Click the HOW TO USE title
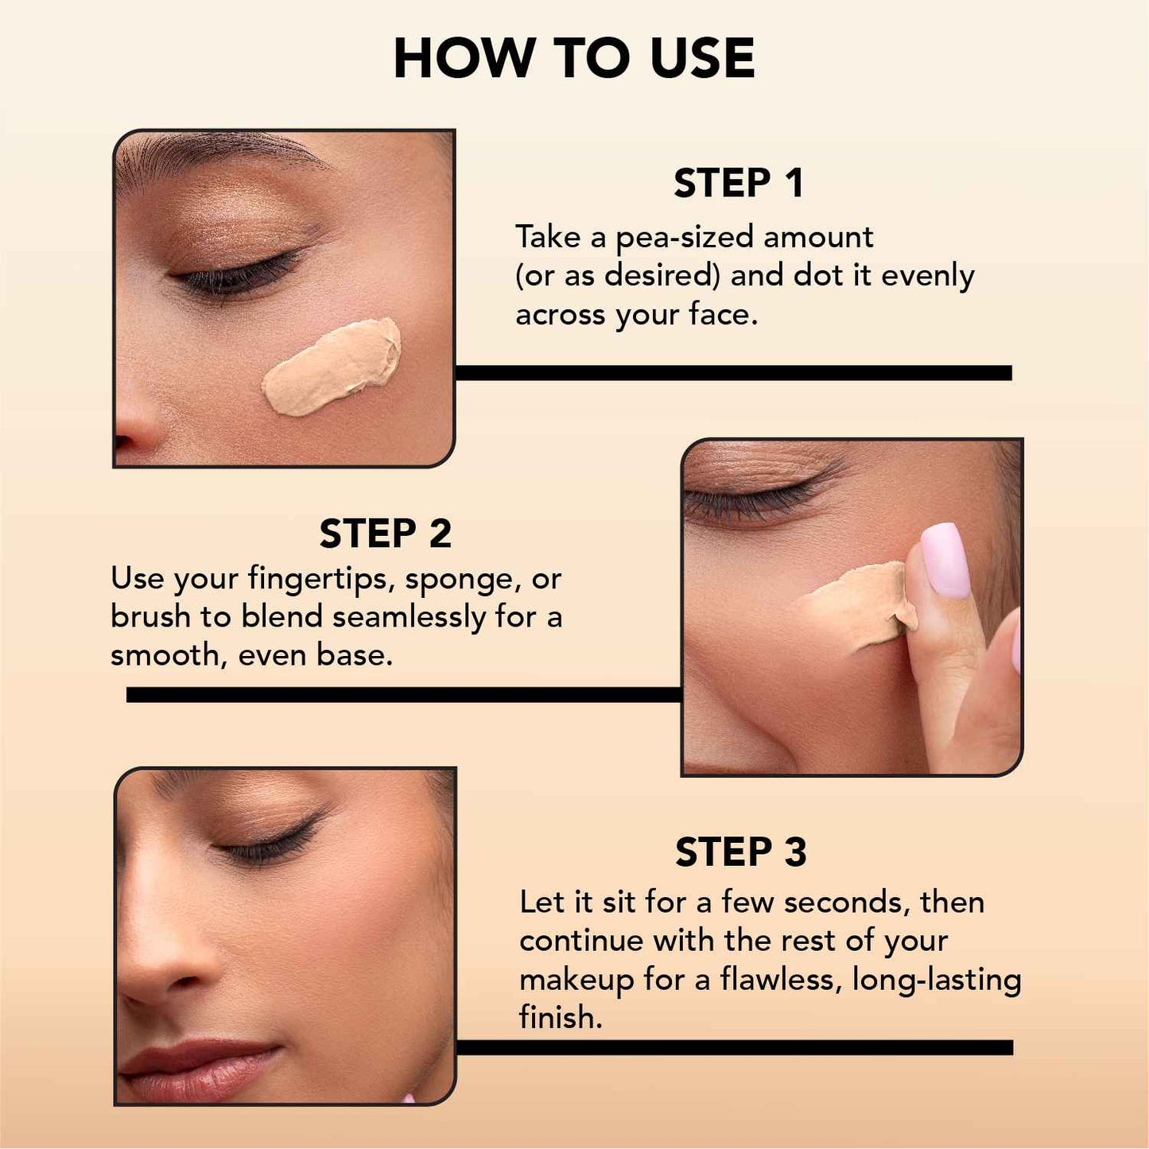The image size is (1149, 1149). tap(573, 59)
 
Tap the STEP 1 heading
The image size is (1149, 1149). tap(739, 184)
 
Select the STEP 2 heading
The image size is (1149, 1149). tap(385, 534)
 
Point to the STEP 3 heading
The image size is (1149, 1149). tap(740, 852)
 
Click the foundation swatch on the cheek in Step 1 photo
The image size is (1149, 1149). tap(332, 367)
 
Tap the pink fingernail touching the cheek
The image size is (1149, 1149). tap(945, 560)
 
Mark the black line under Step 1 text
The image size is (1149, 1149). tap(732, 373)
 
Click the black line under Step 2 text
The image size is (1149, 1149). tap(403, 695)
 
